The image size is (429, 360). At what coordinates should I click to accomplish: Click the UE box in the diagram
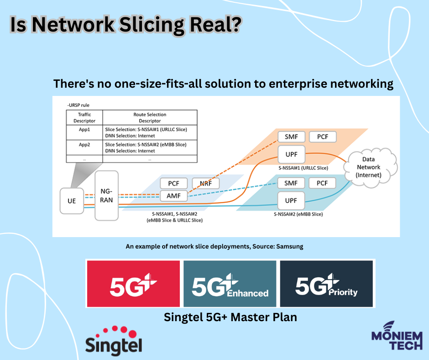click(72, 201)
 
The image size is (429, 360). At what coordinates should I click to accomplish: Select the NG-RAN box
click(106, 195)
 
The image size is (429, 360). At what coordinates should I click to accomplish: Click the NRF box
click(205, 183)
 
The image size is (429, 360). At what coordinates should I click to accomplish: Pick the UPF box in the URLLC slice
click(291, 154)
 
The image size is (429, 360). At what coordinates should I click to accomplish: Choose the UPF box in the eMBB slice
click(291, 200)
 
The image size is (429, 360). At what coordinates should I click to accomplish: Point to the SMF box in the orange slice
click(291, 137)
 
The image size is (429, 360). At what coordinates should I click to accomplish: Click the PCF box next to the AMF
click(173, 183)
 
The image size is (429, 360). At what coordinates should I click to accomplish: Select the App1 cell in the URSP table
click(84, 129)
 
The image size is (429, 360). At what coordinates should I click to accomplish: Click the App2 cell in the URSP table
click(84, 144)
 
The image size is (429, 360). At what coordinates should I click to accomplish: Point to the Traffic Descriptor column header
click(84, 118)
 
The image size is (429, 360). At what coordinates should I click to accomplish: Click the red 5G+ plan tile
click(133, 283)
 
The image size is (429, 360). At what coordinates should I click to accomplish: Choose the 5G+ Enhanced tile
click(230, 283)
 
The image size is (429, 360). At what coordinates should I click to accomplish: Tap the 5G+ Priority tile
click(327, 283)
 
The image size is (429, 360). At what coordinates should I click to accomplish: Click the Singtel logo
click(114, 340)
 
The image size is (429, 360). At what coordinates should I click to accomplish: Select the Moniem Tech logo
click(396, 336)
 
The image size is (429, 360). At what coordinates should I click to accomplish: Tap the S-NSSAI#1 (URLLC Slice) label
click(304, 168)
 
